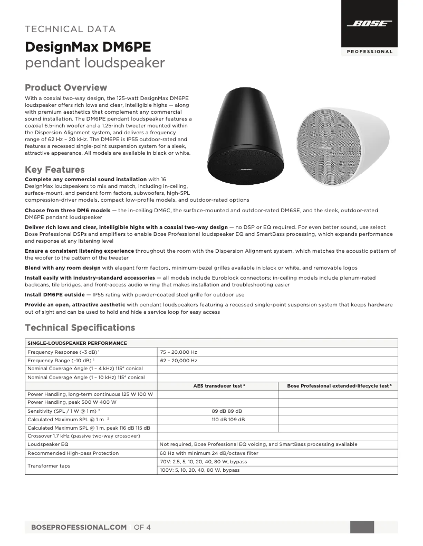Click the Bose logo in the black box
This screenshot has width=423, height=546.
tap(369, 24)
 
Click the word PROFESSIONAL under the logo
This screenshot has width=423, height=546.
tap(369, 52)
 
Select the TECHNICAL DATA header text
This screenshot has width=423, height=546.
tap(70, 29)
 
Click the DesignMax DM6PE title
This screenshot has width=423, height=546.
tap(88, 47)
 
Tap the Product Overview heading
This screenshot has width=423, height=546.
tap(66, 87)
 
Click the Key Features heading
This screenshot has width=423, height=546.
tap(55, 170)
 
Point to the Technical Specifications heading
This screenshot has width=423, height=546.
tap(80, 327)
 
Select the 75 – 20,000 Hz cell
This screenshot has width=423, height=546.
tap(178, 352)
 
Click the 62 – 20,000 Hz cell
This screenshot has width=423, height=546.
tap(178, 361)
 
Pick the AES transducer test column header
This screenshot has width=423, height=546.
tap(218, 386)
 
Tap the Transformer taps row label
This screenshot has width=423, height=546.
tap(49, 466)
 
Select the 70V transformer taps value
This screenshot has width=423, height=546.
tap(203, 462)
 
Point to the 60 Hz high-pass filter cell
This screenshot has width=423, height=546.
tap(209, 453)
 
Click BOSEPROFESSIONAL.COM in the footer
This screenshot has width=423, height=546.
tap(79, 527)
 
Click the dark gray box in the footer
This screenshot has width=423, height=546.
tap(362, 527)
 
